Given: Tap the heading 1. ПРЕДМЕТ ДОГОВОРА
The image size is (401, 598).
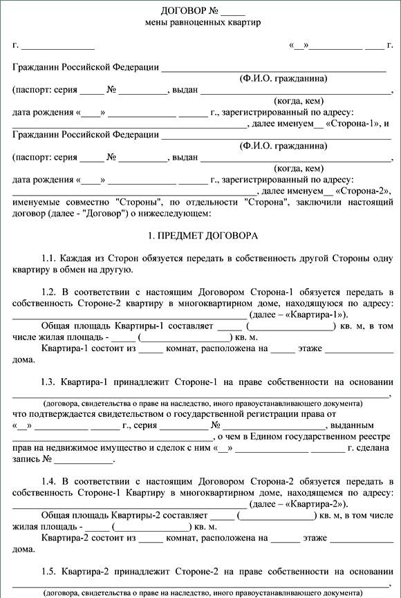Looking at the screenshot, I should pyautogui.click(x=203, y=236).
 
